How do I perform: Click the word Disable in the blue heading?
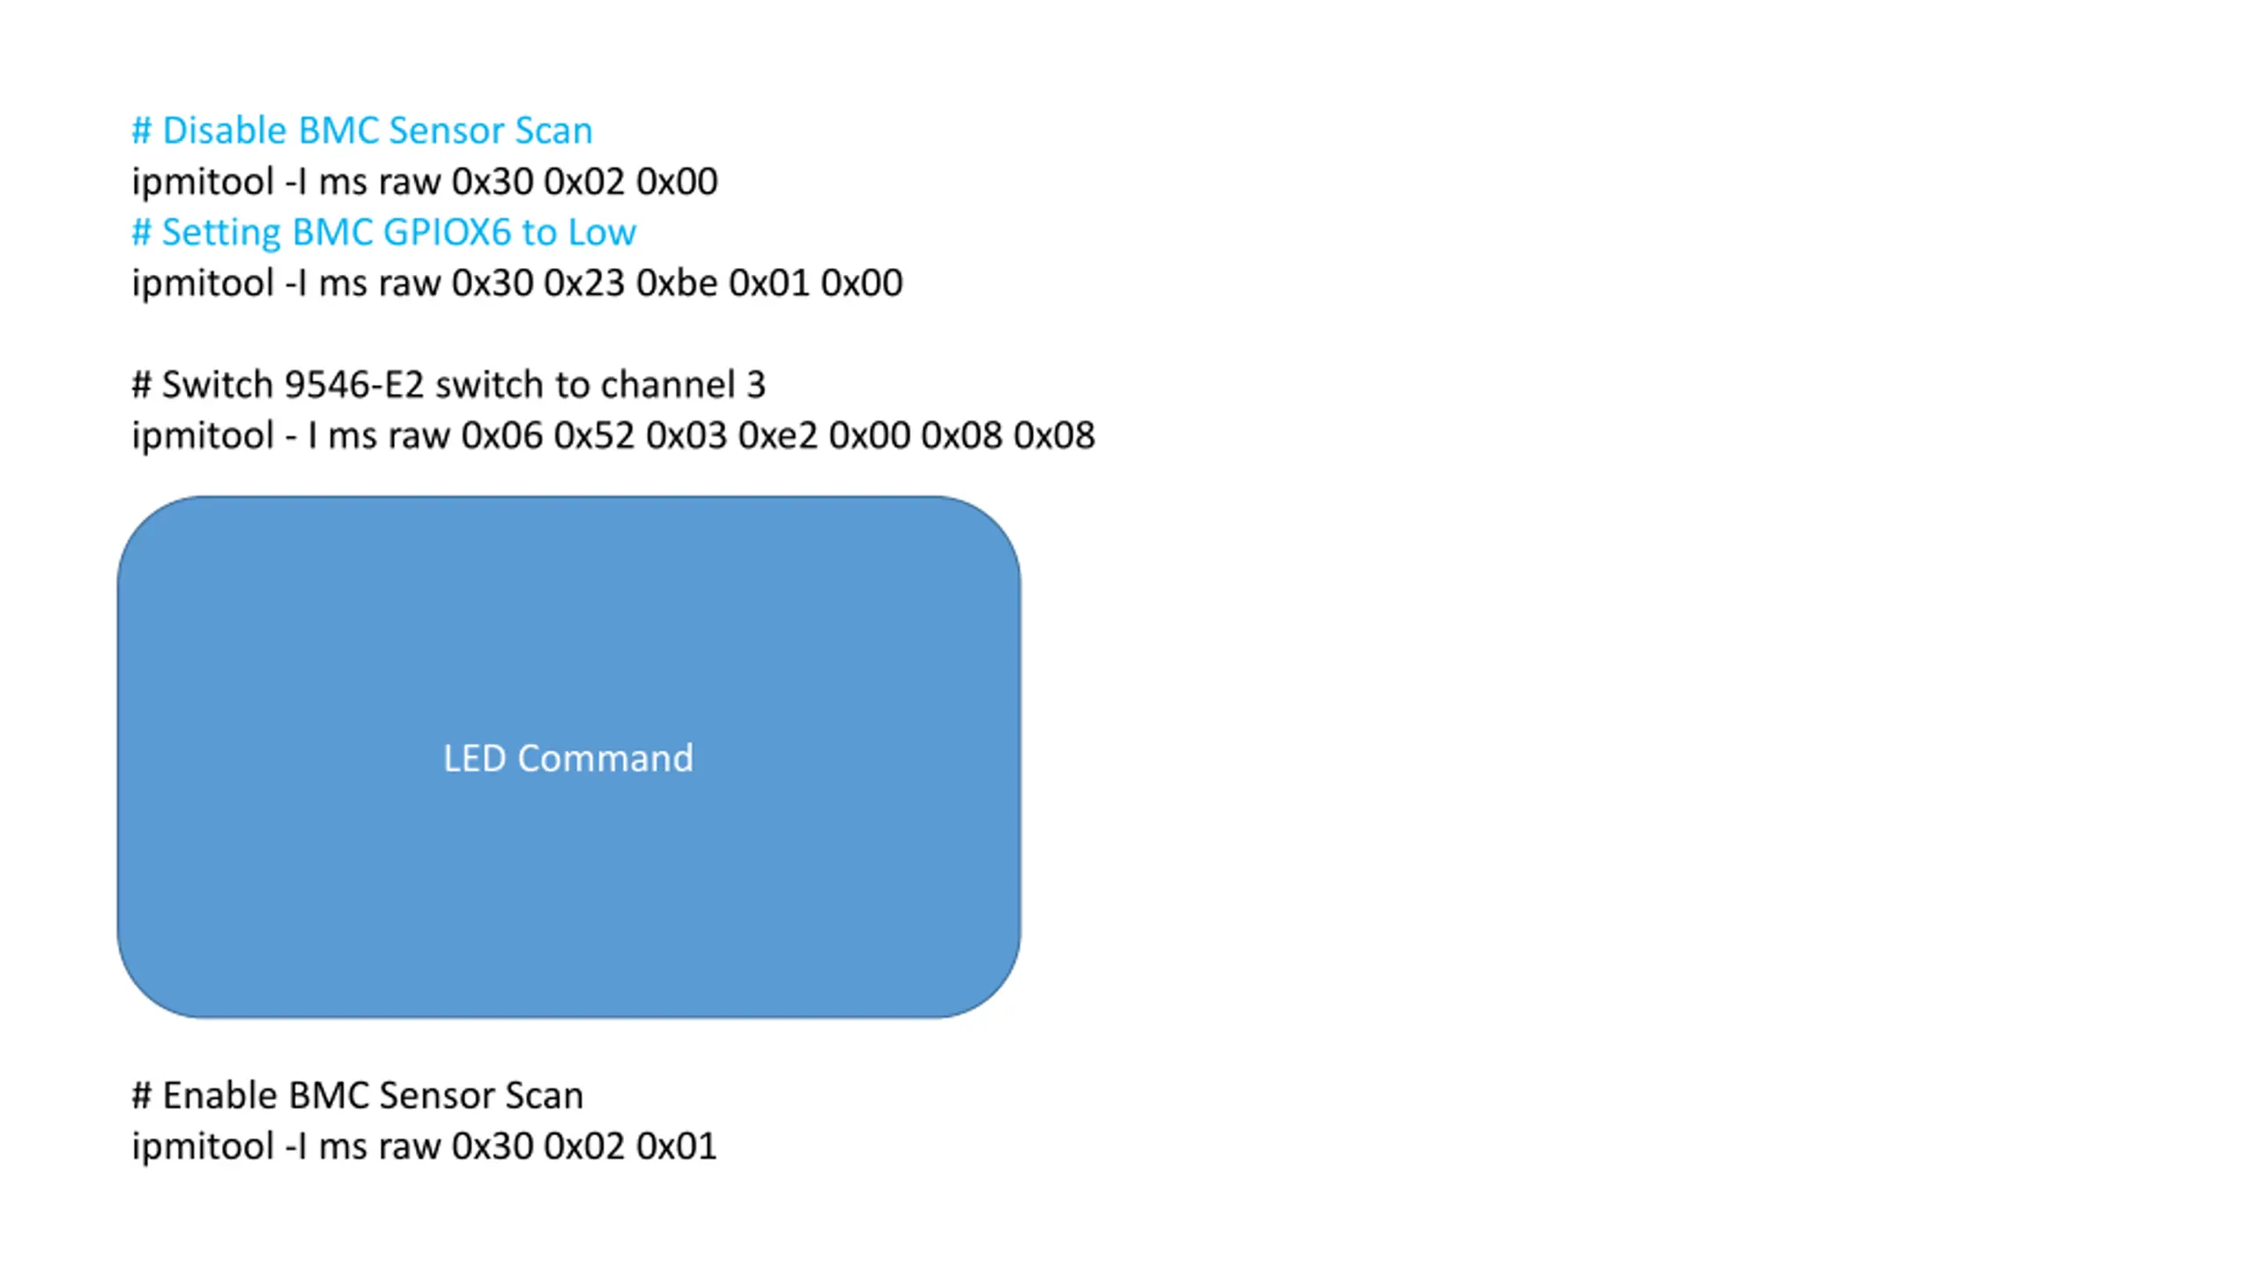(x=225, y=130)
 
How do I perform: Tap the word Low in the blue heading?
(x=601, y=233)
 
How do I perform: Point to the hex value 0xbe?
(x=676, y=283)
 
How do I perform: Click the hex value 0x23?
(x=584, y=283)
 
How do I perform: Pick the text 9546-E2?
(x=354, y=385)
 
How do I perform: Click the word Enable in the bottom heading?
(x=220, y=1096)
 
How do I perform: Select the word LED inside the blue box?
(x=474, y=759)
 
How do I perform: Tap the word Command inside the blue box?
(x=605, y=759)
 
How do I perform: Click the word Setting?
(x=220, y=233)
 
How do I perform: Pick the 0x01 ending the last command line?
(x=676, y=1147)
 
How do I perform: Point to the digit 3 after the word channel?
(x=756, y=385)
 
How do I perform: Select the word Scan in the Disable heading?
(x=553, y=130)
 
